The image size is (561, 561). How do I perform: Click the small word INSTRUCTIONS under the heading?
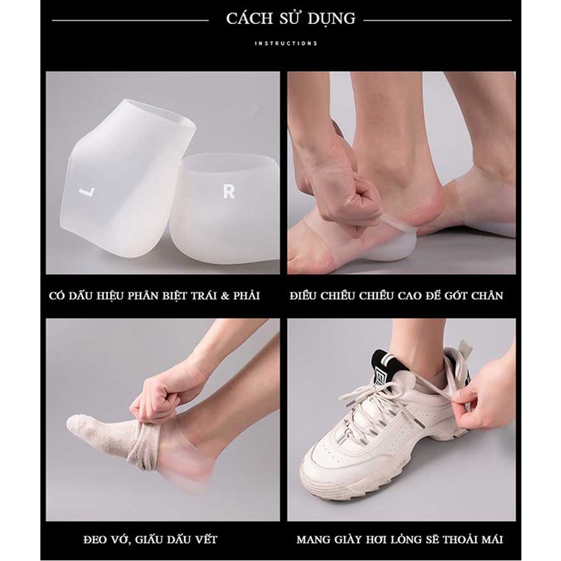(x=286, y=43)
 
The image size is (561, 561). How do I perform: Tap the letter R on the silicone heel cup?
(x=229, y=191)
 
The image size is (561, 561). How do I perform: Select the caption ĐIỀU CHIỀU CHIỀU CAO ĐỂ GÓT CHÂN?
(x=396, y=295)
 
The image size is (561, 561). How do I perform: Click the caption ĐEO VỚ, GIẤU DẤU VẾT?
(x=156, y=539)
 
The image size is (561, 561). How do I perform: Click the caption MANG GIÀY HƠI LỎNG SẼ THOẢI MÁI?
(x=399, y=539)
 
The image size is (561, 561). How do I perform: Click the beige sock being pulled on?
(x=101, y=434)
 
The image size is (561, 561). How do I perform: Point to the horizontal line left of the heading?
(x=128, y=19)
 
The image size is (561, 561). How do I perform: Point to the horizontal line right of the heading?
(x=438, y=19)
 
